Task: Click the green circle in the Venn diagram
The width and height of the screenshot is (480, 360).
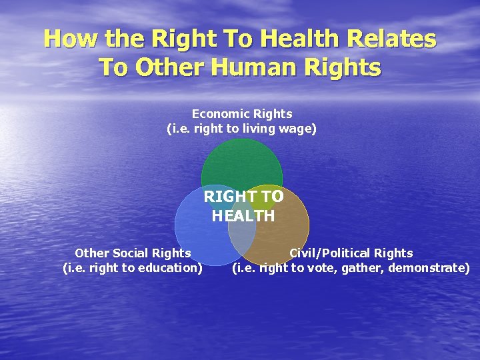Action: point(242,163)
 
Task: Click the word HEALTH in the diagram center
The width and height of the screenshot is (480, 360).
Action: point(243,216)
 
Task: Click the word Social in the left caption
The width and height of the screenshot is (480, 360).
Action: point(133,253)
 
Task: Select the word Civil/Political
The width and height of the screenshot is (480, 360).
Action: point(331,253)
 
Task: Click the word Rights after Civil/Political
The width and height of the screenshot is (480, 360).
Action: point(394,253)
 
